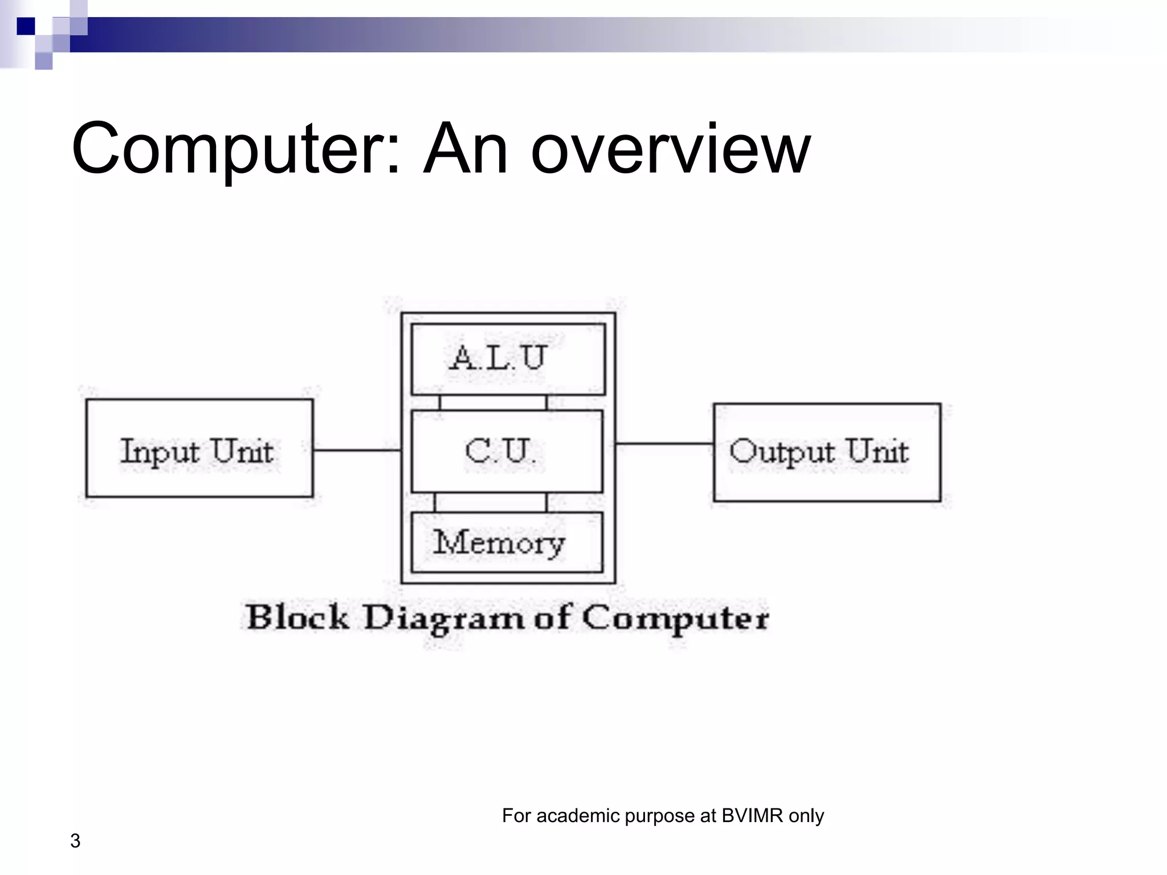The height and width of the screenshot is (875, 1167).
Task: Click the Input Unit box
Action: pos(199,448)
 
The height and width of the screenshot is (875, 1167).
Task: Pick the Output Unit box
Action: pos(827,452)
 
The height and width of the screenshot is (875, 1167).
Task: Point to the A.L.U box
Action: pos(508,359)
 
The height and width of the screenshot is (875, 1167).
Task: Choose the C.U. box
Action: pos(507,451)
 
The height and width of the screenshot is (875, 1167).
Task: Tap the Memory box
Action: pos(507,542)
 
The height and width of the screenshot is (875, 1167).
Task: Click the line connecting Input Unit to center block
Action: pos(357,450)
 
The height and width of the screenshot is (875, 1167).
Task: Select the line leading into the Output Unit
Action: pos(664,443)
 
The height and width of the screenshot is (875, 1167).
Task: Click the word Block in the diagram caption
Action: pos(297,618)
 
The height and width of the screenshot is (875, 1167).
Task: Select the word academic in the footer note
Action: pos(578,816)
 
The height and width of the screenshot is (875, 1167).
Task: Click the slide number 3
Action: pos(75,841)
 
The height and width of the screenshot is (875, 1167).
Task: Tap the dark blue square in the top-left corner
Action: pos(26,26)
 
